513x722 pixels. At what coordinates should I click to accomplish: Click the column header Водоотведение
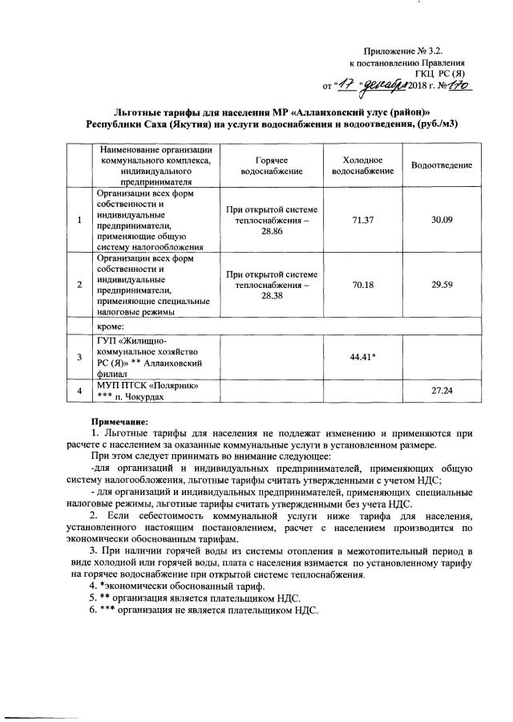pos(442,164)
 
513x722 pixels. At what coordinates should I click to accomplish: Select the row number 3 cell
pos(79,356)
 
